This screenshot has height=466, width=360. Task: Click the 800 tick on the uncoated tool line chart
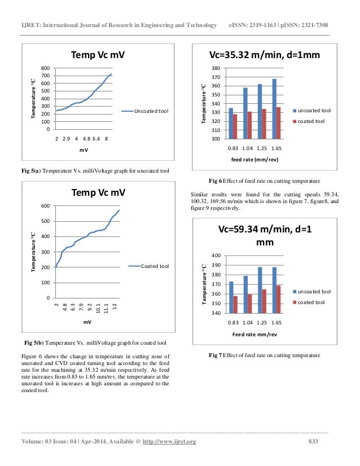pos(45,69)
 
